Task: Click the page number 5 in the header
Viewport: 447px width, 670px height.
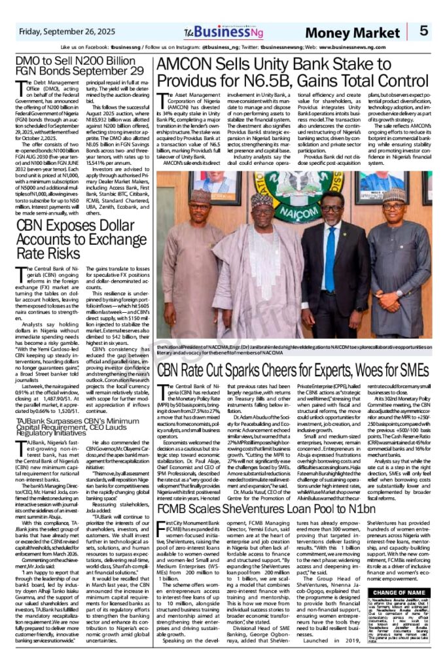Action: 424,30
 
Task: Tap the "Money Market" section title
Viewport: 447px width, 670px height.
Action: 367,31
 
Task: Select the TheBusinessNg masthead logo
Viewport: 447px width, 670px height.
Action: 216,31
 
